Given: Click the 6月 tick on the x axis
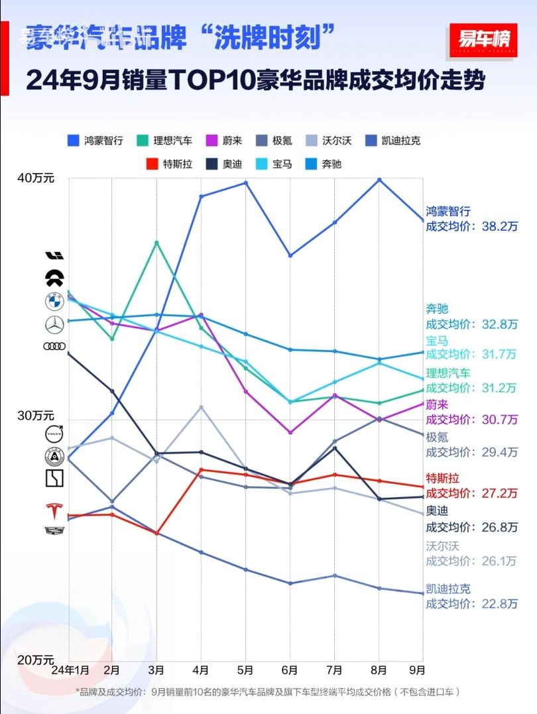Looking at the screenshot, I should click(290, 670).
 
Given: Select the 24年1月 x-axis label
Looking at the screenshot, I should click(70, 670).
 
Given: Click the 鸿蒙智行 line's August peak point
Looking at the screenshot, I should click(379, 179).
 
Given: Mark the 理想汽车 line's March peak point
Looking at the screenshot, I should click(156, 243).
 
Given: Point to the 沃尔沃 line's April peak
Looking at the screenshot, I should click(201, 406).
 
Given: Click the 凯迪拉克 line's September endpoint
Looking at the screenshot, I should click(423, 593).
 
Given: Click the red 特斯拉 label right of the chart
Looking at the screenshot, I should click(442, 478).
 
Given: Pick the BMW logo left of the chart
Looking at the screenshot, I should click(54, 302).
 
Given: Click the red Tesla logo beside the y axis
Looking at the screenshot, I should click(53, 511).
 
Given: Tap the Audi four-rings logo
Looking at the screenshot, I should click(54, 346).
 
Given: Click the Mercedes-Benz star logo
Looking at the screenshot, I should click(54, 324).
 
